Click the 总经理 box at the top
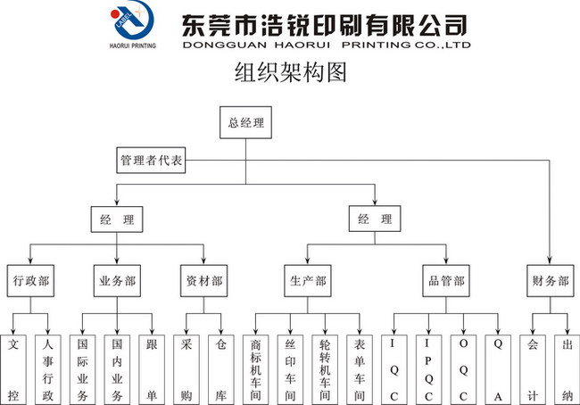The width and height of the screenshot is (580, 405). coord(245,123)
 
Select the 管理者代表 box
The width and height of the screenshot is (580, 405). coord(151,161)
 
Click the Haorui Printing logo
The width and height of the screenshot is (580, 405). coord(129,25)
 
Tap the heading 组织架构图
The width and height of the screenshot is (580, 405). coord(289,72)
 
